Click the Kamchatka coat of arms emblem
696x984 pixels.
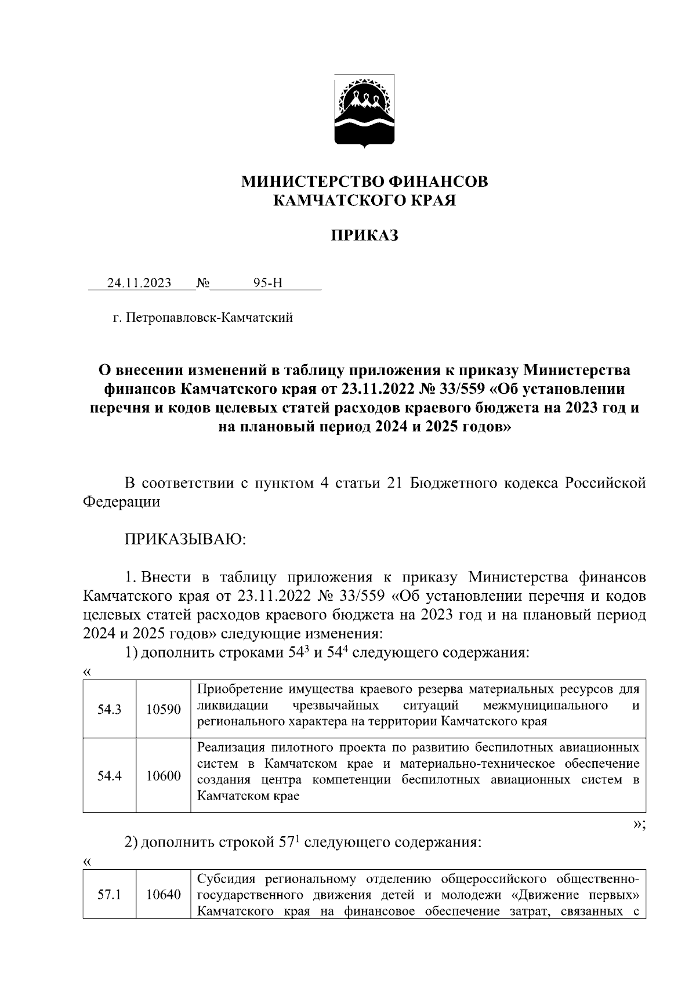tap(365, 111)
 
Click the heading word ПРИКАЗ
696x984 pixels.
tap(365, 236)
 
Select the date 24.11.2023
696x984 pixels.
tap(139, 283)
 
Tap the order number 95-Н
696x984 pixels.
tap(268, 283)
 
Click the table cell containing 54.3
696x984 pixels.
tap(110, 709)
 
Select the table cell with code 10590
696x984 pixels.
tap(163, 709)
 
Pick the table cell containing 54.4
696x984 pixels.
tap(110, 775)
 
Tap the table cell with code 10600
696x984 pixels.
tap(163, 775)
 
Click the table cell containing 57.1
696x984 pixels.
tap(110, 895)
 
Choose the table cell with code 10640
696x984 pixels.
tap(163, 895)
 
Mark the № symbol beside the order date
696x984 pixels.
tap(203, 283)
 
